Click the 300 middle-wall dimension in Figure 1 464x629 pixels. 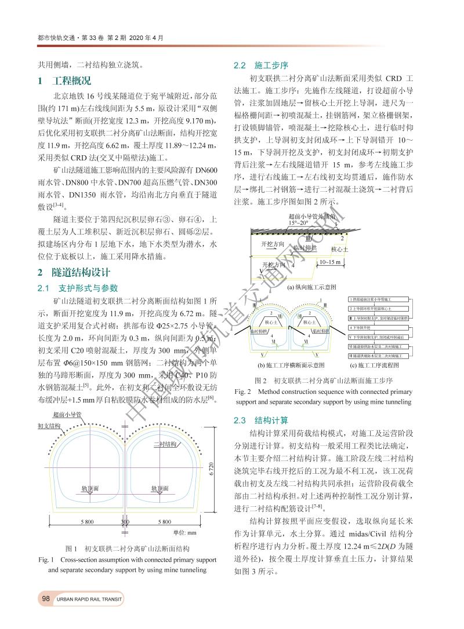125,521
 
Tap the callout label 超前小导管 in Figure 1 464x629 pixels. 67,415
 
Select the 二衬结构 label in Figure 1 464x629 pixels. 165,444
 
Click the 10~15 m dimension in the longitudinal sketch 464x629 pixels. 330,262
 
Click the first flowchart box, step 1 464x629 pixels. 380,299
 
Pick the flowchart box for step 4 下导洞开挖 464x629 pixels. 380,327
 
